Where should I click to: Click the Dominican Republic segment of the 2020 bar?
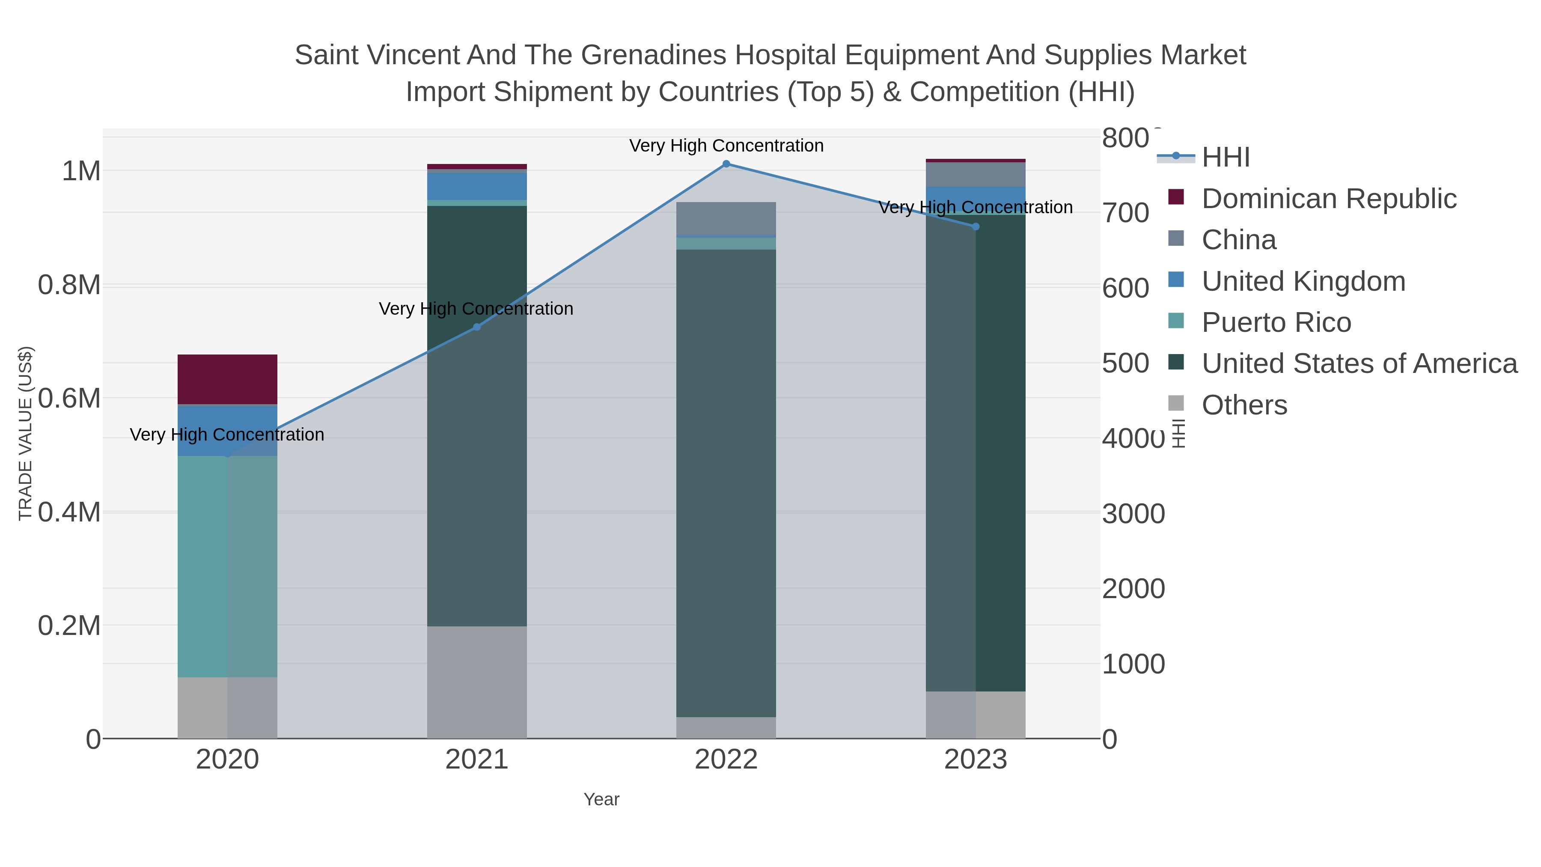227,379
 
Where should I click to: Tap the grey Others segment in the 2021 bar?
477,682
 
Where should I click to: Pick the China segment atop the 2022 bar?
726,218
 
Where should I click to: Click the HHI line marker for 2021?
477,327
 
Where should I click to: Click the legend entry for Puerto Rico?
1276,322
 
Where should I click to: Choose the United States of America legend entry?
1359,364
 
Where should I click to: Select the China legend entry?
1238,240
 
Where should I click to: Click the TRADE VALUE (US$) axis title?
26,433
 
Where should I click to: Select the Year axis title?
601,799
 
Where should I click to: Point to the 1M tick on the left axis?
81,172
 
